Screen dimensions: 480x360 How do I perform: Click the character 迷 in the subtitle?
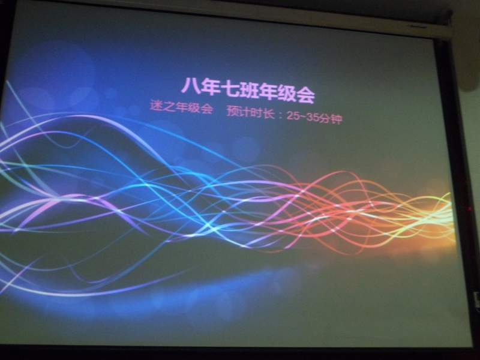coord(155,106)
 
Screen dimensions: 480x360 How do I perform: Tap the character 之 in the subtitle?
coord(168,106)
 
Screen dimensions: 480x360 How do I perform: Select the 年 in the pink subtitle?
coord(181,107)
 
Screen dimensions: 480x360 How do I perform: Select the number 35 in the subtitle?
coord(313,116)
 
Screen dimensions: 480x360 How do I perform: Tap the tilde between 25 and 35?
coord(303,116)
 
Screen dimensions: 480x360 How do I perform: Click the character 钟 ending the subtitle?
coord(337,118)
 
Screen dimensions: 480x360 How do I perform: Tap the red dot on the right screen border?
coord(470,209)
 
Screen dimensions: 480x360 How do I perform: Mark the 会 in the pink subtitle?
coord(206,109)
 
